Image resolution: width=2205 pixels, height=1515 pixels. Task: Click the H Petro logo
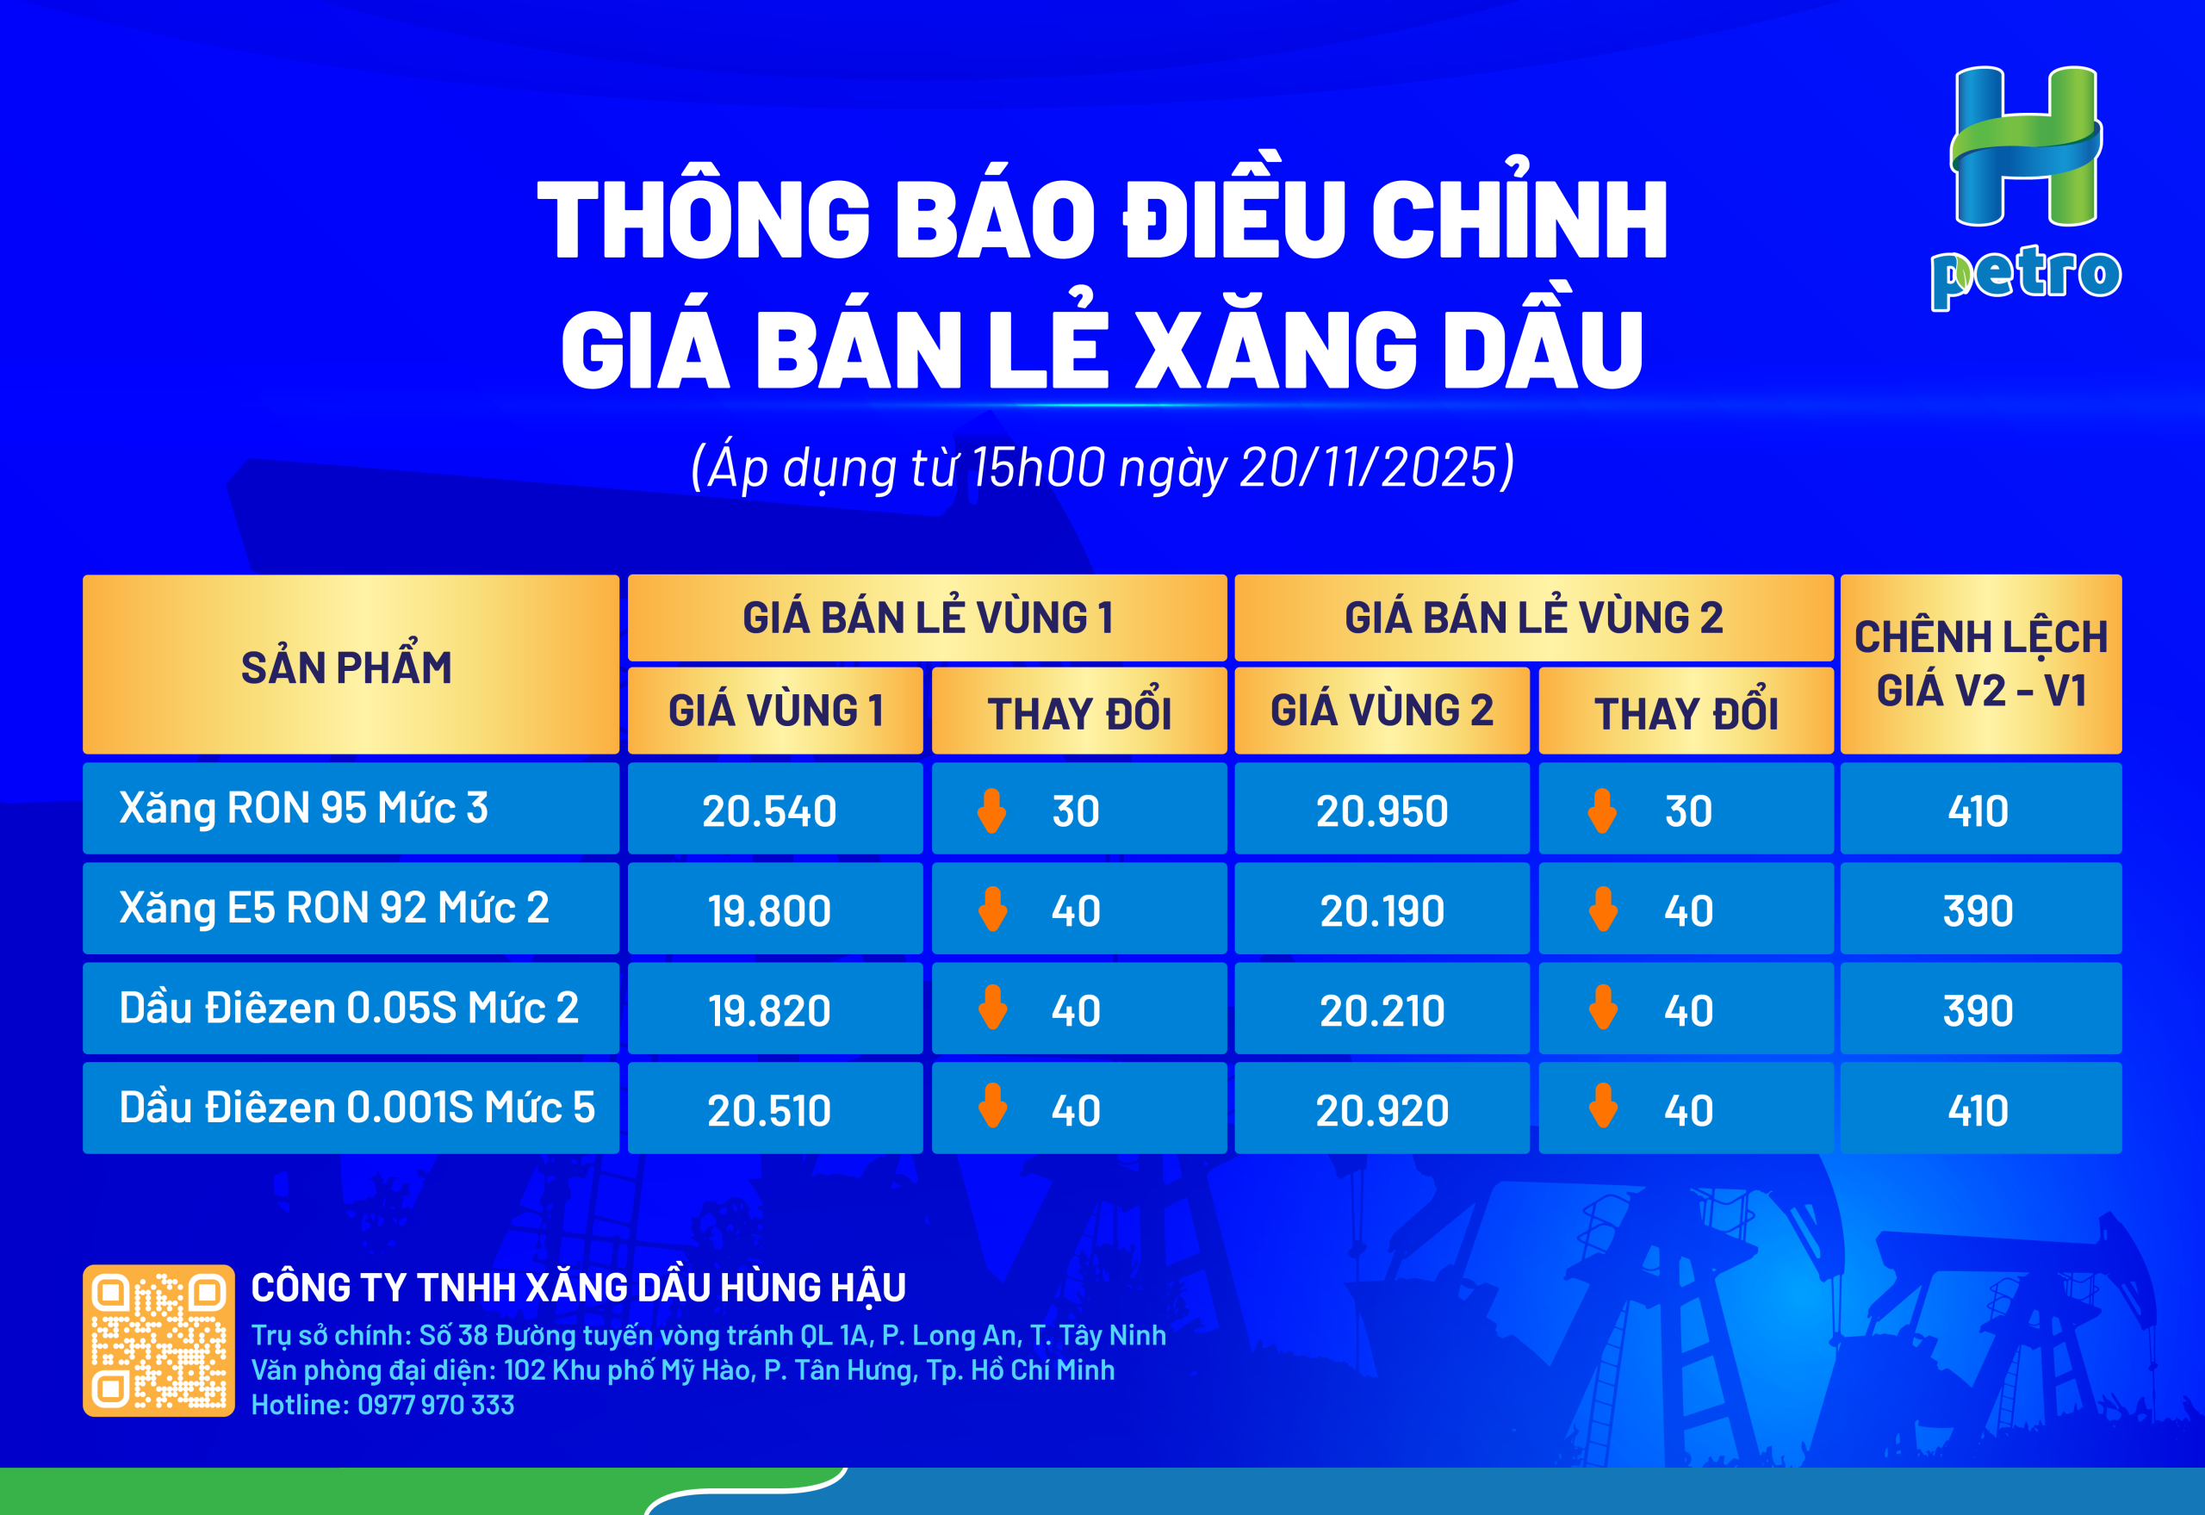click(2026, 188)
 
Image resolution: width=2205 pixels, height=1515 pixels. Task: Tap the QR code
click(158, 1340)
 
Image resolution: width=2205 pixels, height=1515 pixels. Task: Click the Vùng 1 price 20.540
click(770, 811)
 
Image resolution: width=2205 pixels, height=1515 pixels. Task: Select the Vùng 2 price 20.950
click(1382, 811)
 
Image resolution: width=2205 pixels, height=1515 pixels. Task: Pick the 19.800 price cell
click(770, 911)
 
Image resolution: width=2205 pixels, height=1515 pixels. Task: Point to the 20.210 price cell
click(1382, 1011)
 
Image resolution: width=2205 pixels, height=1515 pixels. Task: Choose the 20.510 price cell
click(770, 1110)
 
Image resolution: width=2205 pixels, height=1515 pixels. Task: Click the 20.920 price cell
click(1382, 1110)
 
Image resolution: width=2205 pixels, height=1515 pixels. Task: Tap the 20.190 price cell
click(1382, 911)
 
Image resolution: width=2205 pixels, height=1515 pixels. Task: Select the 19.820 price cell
click(770, 1011)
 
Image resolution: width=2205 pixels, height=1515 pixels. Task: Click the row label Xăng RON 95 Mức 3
click(304, 809)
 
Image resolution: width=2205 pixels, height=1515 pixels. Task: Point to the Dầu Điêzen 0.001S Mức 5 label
click(357, 1108)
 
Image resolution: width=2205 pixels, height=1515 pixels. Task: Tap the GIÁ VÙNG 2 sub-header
click(1382, 710)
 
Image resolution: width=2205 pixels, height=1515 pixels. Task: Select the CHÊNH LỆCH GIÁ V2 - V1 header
click(1981, 663)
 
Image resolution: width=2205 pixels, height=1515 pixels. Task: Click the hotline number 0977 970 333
click(436, 1405)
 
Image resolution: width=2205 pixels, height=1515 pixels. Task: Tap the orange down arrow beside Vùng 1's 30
click(992, 811)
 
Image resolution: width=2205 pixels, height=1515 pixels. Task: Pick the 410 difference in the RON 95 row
click(1979, 811)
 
